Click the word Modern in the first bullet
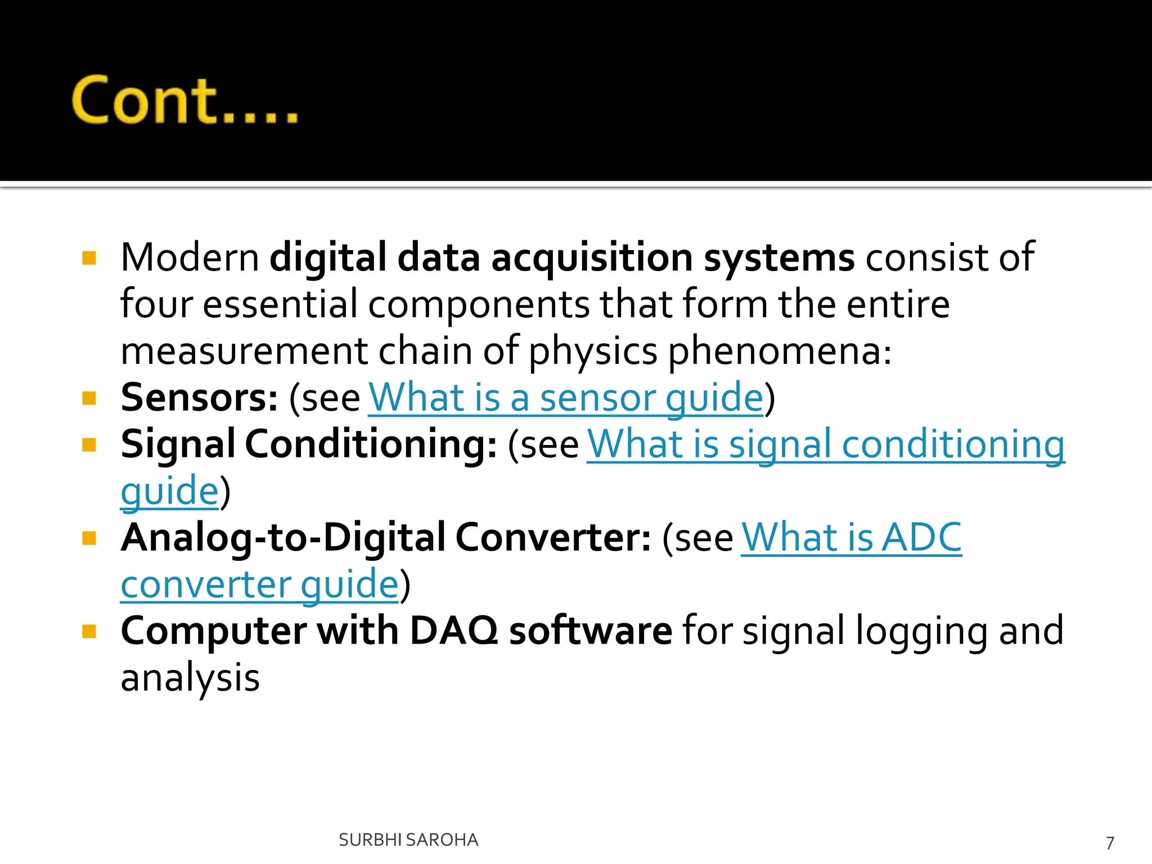190,258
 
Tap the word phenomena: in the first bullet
780,351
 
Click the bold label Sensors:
199,398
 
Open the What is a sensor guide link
565,398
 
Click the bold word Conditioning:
371,444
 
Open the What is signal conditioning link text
825,444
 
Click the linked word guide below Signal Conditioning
169,491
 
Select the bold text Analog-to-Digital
283,538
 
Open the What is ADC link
851,538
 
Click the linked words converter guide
259,584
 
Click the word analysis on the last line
190,677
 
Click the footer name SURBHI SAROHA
408,840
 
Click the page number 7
1109,843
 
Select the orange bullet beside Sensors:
89,398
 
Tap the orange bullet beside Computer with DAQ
89,631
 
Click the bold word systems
779,258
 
